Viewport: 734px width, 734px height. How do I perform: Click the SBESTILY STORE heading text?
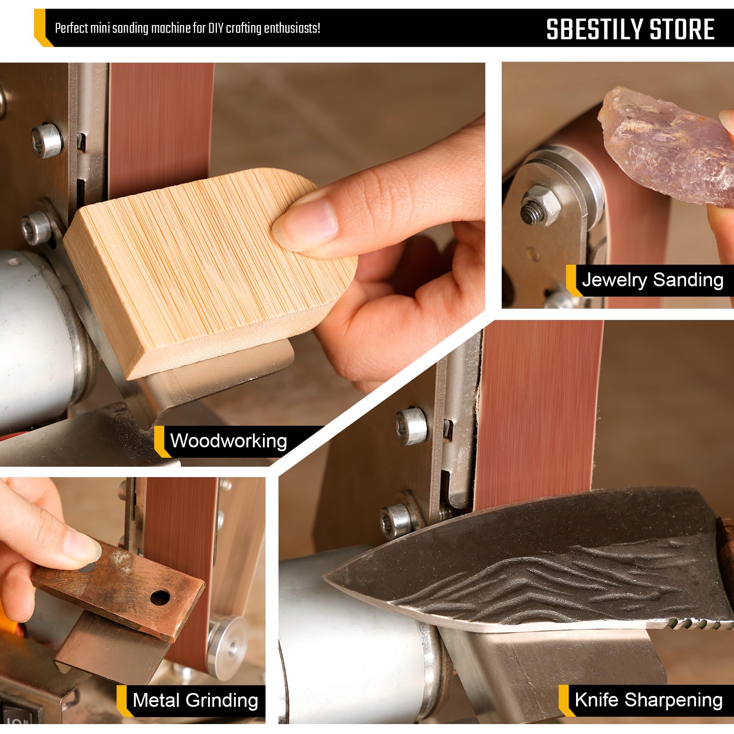630,29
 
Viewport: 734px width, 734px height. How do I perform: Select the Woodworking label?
228,441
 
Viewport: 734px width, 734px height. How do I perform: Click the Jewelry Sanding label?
652,280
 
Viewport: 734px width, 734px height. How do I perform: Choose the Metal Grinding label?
195,700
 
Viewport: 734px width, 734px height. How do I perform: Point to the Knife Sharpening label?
649,699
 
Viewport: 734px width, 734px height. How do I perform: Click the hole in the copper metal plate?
160,598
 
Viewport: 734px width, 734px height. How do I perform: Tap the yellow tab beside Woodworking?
160,441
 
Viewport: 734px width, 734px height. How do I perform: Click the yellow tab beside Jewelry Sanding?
572,280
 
